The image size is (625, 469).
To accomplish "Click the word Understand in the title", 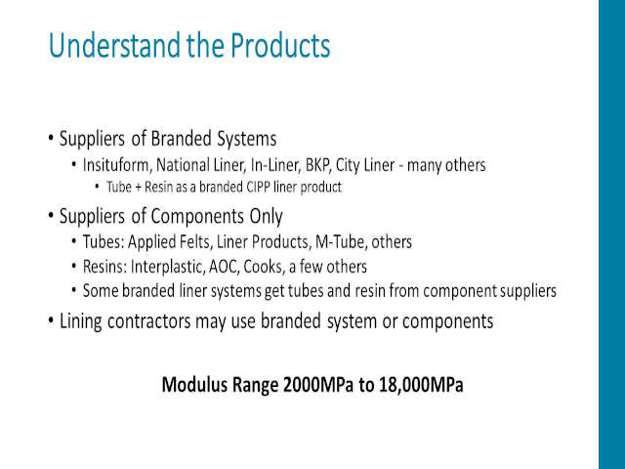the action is pos(114,45).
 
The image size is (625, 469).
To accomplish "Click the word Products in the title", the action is pos(280,45).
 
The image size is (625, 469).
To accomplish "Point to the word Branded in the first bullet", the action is pos(182,139).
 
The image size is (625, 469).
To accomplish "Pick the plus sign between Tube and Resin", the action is pos(138,187).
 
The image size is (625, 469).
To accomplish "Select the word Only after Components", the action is pos(266,216).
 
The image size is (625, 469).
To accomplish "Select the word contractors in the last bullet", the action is pos(149,321).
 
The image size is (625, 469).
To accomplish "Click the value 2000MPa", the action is pos(318,384).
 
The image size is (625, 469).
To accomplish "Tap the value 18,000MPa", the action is pos(421,384).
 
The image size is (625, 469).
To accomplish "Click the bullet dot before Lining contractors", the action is pos(51,320).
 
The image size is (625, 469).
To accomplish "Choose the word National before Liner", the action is pos(183,165).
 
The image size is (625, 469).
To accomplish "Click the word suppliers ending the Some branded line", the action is pos(528,291).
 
